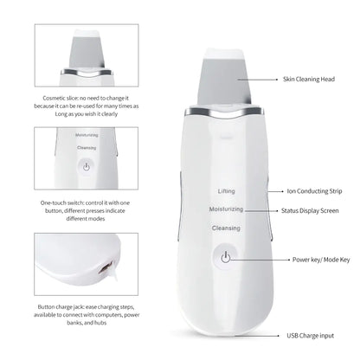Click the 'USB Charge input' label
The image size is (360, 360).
[312, 335]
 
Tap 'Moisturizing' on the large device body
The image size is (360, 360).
[225, 209]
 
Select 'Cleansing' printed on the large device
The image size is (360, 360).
[226, 228]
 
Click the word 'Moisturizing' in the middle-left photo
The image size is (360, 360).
[87, 136]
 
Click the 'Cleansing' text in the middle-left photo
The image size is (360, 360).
[87, 148]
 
